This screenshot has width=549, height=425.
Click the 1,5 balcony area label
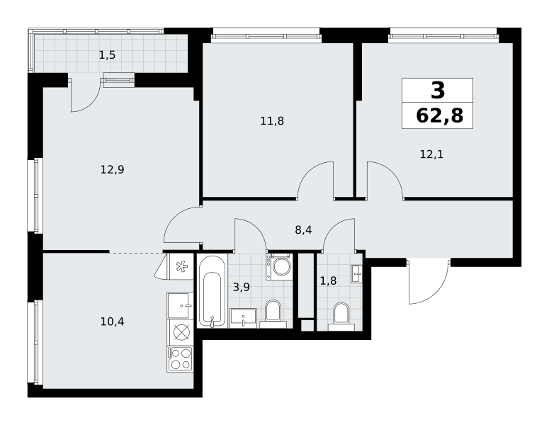[x=107, y=55]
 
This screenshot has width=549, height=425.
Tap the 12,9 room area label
[x=113, y=170]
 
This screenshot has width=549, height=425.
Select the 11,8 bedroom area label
[x=272, y=121]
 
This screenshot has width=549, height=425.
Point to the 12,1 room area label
[x=431, y=154]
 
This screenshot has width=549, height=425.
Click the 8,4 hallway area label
[x=303, y=230]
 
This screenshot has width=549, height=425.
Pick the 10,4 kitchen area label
[x=113, y=322]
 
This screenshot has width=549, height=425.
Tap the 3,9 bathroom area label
[x=242, y=288]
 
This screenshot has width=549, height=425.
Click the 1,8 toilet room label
[x=329, y=280]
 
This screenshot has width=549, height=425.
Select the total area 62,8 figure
[x=440, y=116]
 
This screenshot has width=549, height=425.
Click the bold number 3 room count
[x=438, y=90]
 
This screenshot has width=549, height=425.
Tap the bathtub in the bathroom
[x=213, y=291]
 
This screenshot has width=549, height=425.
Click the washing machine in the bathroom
[x=279, y=267]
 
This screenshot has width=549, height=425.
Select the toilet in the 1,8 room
[x=341, y=317]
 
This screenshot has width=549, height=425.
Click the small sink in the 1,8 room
[x=357, y=273]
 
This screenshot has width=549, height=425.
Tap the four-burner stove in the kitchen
[x=181, y=359]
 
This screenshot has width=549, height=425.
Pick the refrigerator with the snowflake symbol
[x=181, y=267]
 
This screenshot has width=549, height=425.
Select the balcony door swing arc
[x=91, y=104]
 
